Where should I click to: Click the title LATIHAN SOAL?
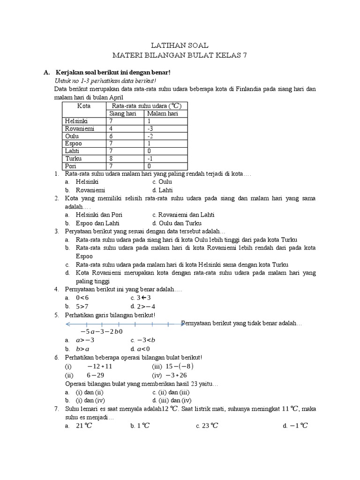tap(180, 45)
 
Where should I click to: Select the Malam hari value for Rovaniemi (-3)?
tap(150, 128)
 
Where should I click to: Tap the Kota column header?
tap(84, 106)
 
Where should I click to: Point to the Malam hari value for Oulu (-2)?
tap(150, 136)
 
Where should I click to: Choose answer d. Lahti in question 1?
tap(162, 190)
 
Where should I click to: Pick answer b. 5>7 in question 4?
tap(82, 306)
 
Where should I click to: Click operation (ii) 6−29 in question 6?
tap(94, 375)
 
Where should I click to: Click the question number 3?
tap(57, 232)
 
